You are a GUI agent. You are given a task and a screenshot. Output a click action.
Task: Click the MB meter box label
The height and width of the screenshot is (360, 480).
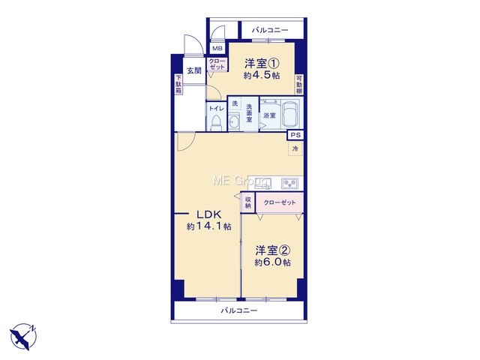pos(218,49)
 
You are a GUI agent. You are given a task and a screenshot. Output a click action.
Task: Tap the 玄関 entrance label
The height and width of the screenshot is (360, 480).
pos(194,70)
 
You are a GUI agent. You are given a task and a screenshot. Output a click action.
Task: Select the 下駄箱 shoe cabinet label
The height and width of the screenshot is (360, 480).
pos(178,84)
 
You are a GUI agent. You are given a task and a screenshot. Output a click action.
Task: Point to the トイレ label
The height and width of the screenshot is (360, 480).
pos(217,109)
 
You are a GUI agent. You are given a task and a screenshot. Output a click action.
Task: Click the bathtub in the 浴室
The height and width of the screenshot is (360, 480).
pos(290,113)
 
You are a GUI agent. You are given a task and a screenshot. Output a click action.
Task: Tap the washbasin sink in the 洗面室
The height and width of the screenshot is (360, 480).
pos(235,123)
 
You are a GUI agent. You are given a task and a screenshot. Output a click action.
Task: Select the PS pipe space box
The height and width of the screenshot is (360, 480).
pos(295,135)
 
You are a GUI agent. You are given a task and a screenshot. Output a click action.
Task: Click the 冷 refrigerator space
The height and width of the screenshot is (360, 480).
pos(295,148)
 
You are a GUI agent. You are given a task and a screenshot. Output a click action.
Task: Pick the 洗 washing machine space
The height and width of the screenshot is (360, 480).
pos(235,103)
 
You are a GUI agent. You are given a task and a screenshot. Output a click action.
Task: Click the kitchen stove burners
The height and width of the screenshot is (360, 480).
pos(289,184)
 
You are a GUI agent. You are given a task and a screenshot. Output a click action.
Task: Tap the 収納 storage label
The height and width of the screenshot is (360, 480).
pos(248,202)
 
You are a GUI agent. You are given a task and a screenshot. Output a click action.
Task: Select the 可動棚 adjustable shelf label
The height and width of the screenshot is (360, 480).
pos(299,85)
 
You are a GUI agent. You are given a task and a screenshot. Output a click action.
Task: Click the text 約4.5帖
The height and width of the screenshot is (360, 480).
pos(262,75)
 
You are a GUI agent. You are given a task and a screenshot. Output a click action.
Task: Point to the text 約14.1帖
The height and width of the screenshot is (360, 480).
pos(209,226)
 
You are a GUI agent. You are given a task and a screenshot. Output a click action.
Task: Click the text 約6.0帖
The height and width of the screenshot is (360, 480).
pos(273,262)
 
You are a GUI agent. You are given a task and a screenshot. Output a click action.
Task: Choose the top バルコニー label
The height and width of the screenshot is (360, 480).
pos(270,30)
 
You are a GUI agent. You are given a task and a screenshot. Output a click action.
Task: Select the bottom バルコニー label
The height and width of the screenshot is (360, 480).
pos(239,311)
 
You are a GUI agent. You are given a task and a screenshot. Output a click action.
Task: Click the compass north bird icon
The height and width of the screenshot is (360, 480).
pos(23,337)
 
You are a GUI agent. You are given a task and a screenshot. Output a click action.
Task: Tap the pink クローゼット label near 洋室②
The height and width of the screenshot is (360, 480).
pos(280,202)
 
